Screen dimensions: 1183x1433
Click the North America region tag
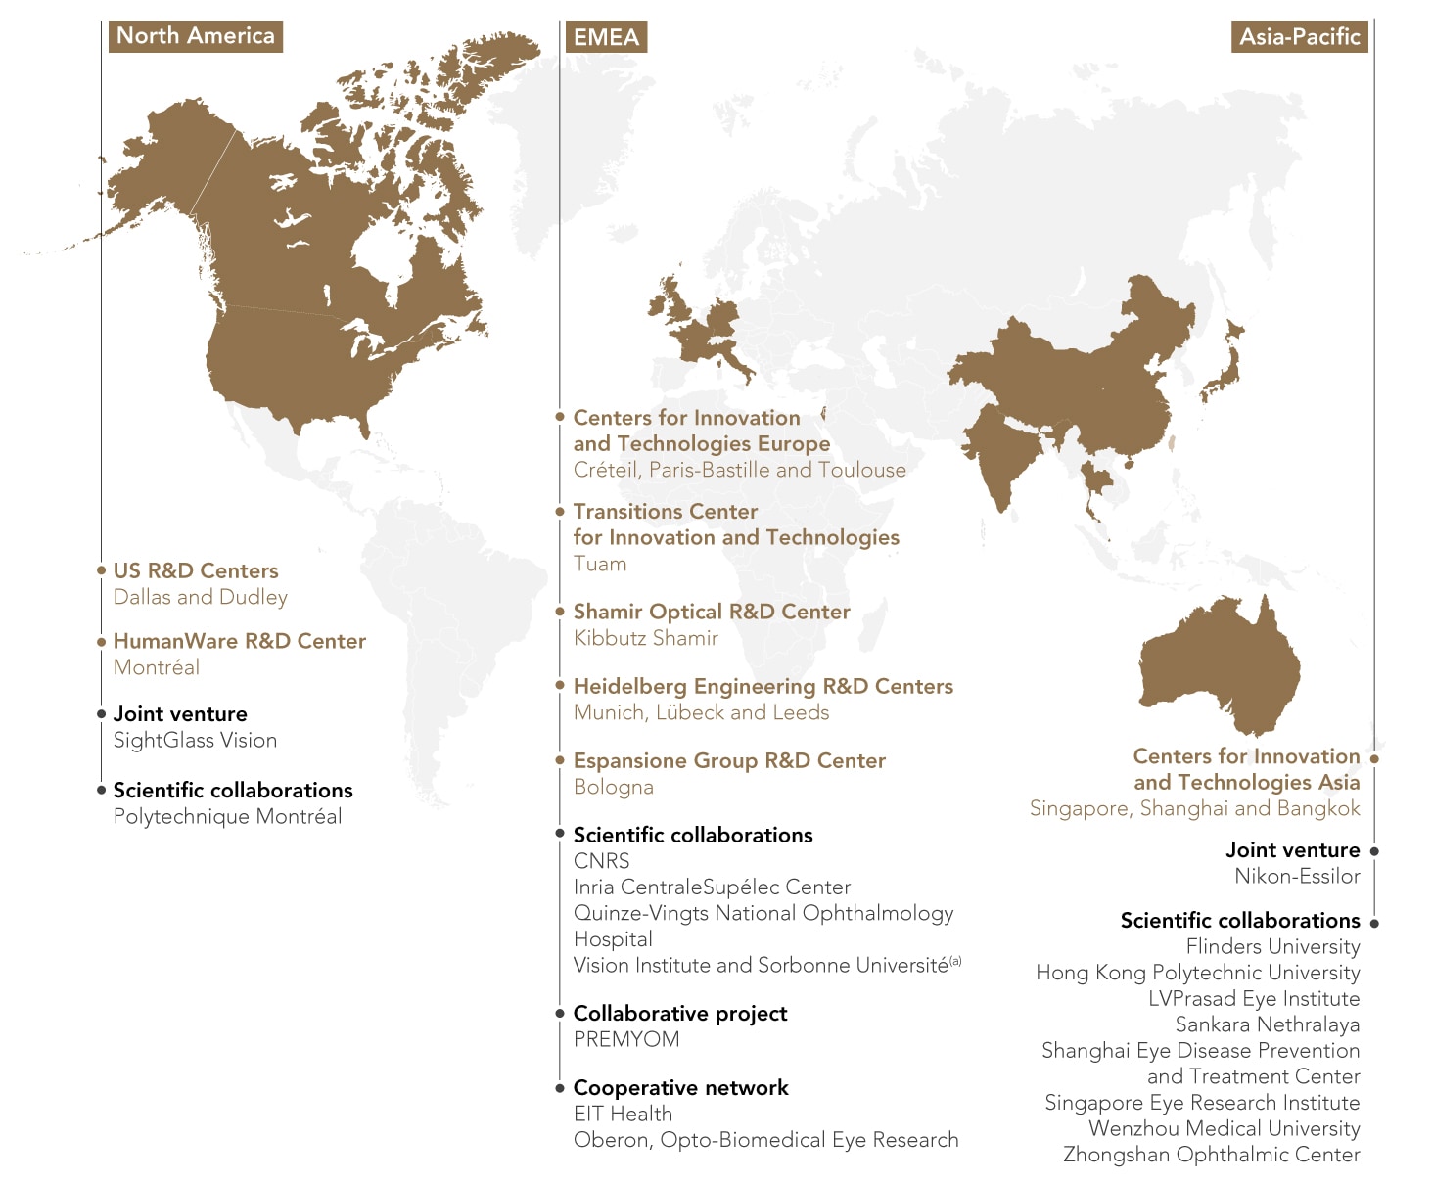195,36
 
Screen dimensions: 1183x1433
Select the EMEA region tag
606,37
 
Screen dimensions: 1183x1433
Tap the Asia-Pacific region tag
1299,37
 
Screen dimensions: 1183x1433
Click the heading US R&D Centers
196,570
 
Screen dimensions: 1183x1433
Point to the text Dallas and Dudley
201,597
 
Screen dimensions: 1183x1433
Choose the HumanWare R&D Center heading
240,641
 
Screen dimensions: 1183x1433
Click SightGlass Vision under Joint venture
195,740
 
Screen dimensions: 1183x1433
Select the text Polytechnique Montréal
227,816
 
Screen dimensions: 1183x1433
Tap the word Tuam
600,564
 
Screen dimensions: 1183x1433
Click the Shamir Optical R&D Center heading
712,612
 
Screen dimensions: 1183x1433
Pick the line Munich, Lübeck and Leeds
701,712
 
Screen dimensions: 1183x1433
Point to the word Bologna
614,787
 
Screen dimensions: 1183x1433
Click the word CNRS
602,861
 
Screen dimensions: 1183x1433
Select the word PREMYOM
626,1039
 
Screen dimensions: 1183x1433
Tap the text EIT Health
623,1114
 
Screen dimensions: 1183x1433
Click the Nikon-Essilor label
1297,876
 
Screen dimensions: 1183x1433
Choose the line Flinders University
1272,946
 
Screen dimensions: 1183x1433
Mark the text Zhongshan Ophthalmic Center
1212,1155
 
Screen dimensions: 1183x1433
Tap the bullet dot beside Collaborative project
560,1014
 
